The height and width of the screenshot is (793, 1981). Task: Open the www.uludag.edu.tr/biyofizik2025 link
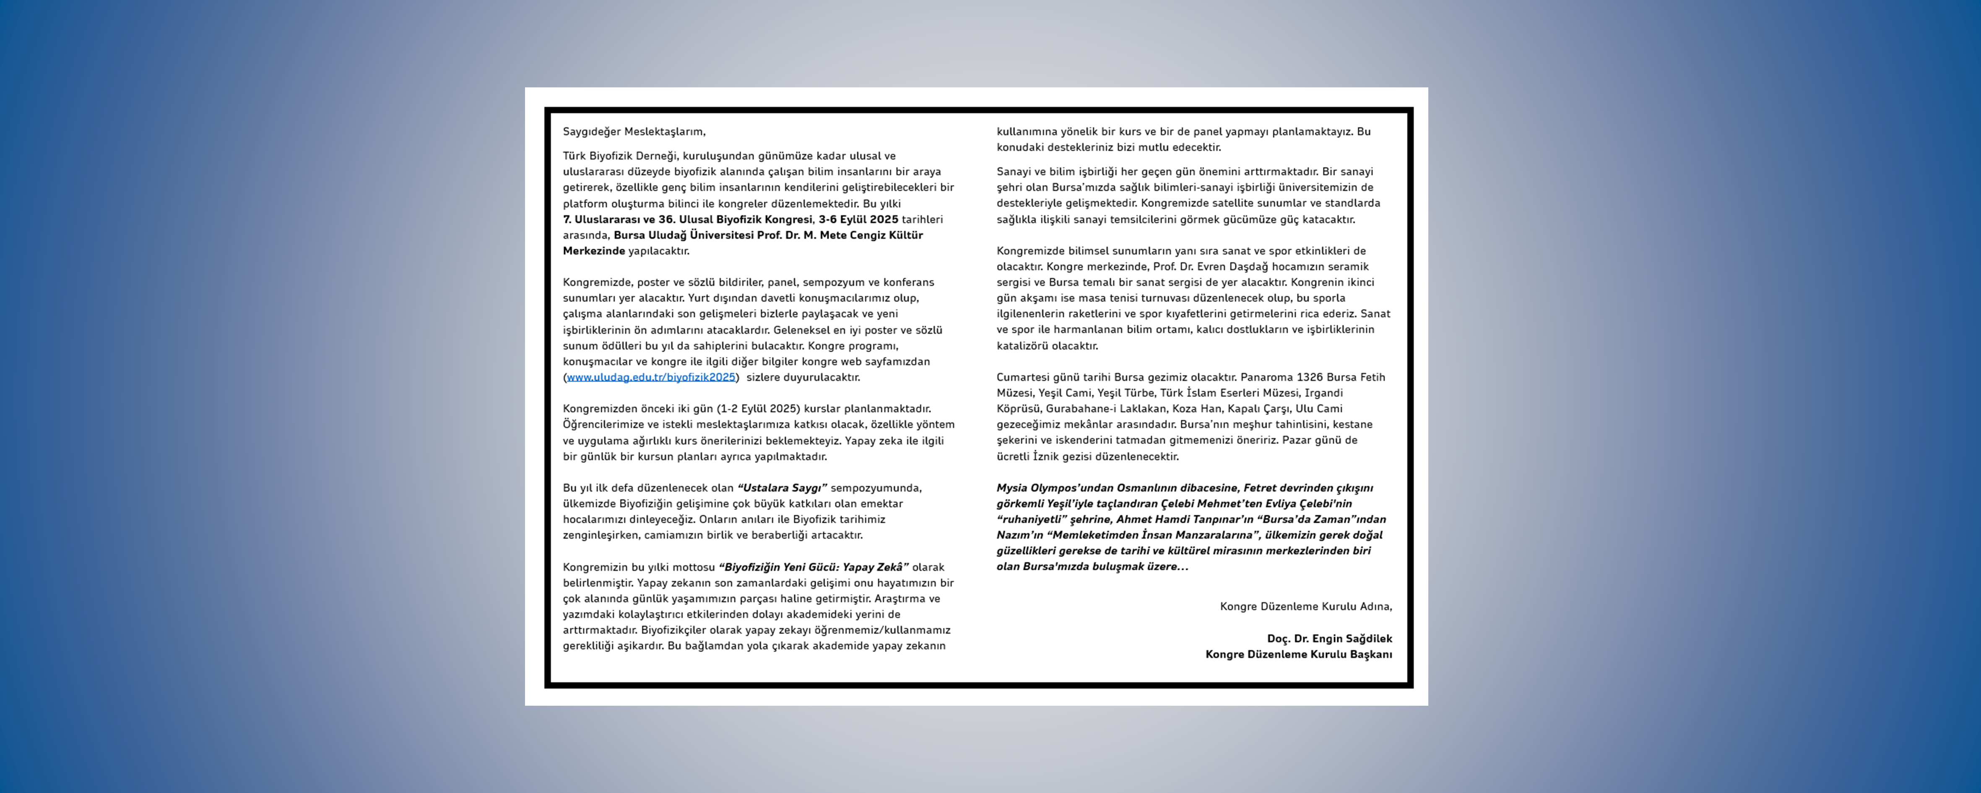tap(650, 377)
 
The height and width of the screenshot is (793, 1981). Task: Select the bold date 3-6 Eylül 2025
tap(858, 219)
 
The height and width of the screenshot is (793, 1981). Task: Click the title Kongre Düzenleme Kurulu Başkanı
tap(1298, 655)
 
